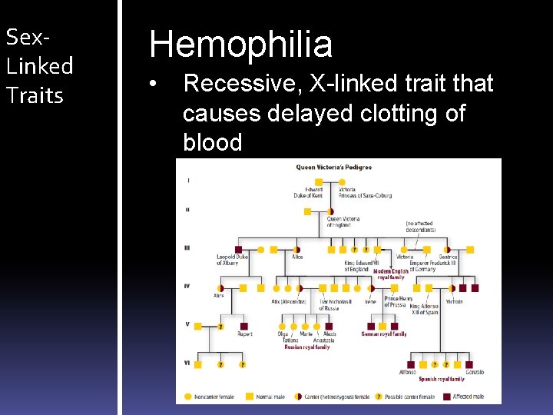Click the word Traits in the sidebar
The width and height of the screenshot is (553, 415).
[35, 95]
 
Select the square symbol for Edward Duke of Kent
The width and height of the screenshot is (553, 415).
[319, 183]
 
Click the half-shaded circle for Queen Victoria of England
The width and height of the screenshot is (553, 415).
[331, 211]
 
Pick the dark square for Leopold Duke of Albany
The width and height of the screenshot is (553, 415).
[239, 249]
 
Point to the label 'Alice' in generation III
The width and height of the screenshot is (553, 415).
[296, 257]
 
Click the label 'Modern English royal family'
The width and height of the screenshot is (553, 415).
[390, 274]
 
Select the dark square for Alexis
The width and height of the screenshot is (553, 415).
[329, 326]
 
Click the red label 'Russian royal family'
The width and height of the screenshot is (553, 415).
[306, 347]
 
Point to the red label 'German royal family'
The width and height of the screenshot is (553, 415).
[383, 334]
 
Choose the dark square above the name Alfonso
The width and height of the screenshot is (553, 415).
[411, 364]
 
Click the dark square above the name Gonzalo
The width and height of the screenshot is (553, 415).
[469, 364]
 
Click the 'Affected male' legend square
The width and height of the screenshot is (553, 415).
[445, 397]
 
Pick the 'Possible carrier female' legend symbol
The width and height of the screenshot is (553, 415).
[379, 397]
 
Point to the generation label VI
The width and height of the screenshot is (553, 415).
[188, 362]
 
